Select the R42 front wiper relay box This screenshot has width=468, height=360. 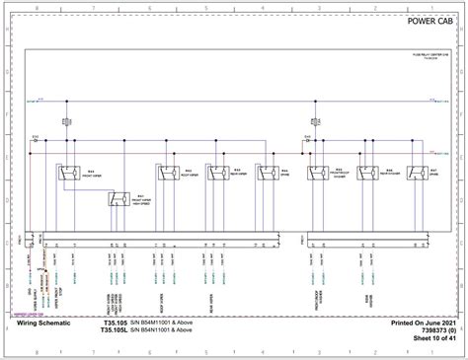point(71,175)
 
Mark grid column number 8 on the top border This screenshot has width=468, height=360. point(37,5)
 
